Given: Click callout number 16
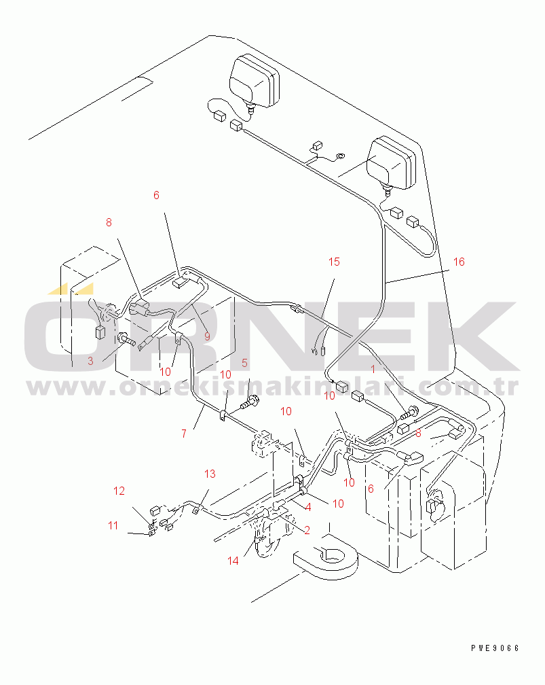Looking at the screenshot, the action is point(459,262).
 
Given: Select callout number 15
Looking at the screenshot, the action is point(334,262).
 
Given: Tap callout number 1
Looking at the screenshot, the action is point(373,370).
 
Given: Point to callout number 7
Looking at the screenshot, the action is point(184,434).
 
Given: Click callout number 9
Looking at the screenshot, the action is point(207,336).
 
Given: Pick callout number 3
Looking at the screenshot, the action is point(90,361).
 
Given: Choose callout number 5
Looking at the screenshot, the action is point(244,363).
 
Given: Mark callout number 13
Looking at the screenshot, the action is point(210,474).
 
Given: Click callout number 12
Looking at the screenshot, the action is point(119,491).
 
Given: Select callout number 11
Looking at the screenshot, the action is point(113,525).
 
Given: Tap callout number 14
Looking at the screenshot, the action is point(233,561).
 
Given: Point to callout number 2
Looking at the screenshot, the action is point(307,530).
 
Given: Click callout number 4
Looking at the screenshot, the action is point(308,507).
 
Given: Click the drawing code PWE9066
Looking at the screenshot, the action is point(495,648).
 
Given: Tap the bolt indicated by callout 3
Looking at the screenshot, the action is point(125,338).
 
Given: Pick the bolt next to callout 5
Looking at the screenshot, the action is point(249,402).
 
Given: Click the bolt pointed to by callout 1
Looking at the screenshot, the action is point(409,412).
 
